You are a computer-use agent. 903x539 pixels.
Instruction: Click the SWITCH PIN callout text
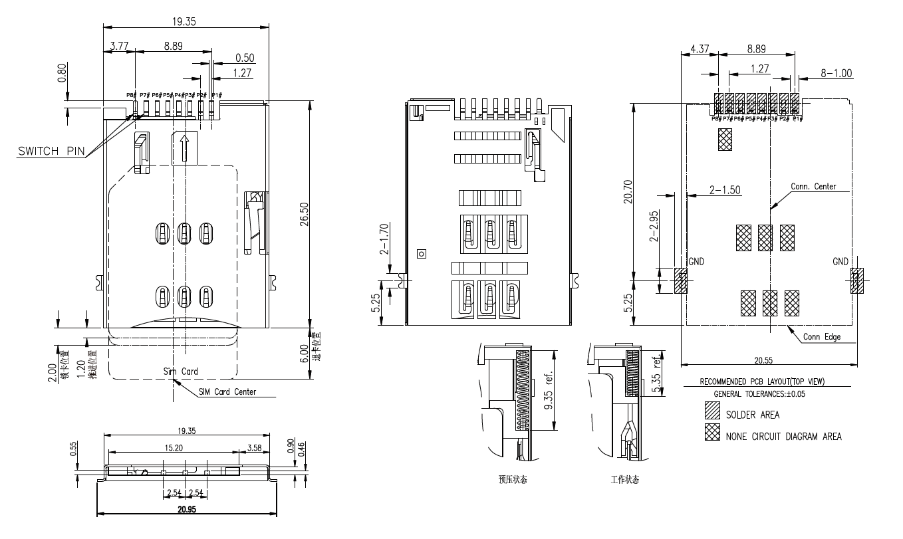click(51, 151)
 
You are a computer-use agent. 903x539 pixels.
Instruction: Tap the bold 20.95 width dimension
click(186, 510)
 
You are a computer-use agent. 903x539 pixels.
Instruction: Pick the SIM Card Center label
click(227, 392)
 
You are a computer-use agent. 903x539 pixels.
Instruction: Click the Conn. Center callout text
click(813, 187)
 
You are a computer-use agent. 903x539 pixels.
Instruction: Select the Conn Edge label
click(821, 337)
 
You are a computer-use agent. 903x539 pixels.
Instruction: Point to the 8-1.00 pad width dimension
click(836, 74)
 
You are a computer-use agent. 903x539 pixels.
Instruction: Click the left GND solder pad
click(680, 281)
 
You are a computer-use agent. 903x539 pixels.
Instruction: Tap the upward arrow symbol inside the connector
click(185, 148)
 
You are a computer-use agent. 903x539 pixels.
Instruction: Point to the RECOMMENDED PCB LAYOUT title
click(766, 382)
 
